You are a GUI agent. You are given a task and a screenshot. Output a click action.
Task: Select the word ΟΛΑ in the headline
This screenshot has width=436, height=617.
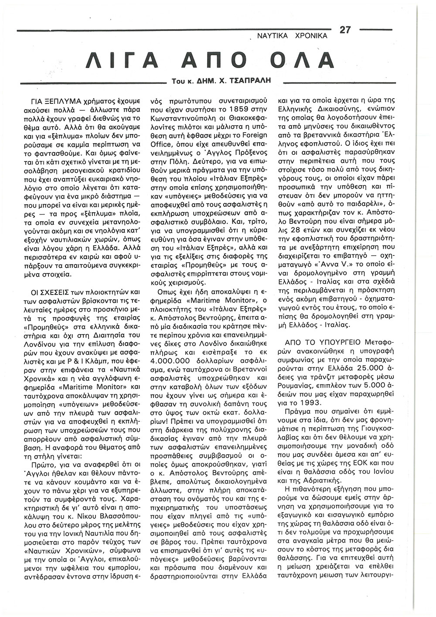pos(300,61)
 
